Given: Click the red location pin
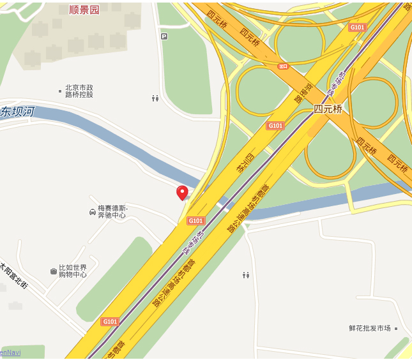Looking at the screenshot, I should click(182, 192).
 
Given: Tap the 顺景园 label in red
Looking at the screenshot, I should click(84, 10).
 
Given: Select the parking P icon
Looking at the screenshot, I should click(164, 36).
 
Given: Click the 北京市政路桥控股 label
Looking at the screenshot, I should click(79, 91).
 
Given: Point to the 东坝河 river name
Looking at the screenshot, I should click(17, 112).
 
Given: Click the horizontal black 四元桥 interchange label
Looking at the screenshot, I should click(328, 109).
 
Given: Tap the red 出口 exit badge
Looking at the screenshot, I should click(284, 66).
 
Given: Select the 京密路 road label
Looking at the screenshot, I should click(298, 93).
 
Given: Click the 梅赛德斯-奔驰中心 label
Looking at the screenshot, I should click(112, 212).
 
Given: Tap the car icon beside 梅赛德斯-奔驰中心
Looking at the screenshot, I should click(93, 211).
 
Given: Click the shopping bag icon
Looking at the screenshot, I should click(54, 271).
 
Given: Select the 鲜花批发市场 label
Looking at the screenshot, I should click(369, 328).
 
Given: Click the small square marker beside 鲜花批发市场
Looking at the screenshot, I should click(396, 328).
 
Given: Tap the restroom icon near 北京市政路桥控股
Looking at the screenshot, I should click(155, 98).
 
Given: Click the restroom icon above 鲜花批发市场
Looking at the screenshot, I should click(245, 275).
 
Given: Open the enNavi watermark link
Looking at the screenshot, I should click(10, 352).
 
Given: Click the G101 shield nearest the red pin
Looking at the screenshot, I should click(195, 221).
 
